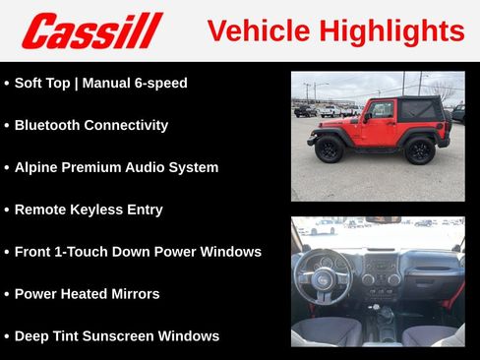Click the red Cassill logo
click(90, 30)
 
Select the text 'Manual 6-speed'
click(135, 83)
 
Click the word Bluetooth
click(51, 125)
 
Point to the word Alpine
click(37, 167)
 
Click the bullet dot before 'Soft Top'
click(7, 84)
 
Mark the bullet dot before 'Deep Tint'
click(7, 336)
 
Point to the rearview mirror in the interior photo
click(382, 220)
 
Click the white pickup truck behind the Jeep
click(331, 110)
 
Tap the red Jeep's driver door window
click(380, 110)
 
